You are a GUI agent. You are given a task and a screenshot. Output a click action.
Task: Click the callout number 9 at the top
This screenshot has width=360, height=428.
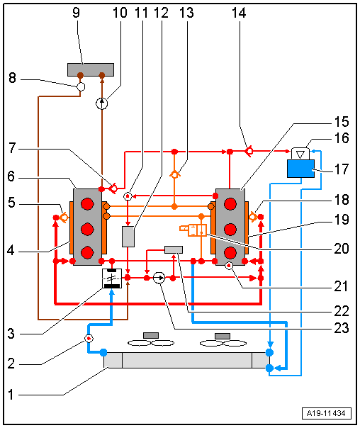pos(76,13)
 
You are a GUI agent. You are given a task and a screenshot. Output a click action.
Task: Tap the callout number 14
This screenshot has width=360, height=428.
pos(239,13)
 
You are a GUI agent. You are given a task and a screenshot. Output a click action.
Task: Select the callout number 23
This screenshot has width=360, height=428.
pos(342,328)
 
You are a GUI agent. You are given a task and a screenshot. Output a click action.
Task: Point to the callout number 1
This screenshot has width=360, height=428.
pos(11,395)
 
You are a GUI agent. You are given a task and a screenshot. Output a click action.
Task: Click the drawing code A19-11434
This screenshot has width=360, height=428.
pos(326,413)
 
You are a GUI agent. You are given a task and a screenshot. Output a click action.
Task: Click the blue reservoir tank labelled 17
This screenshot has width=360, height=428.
pos(300,169)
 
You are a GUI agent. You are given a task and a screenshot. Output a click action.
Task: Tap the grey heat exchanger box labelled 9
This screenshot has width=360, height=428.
pos(91,69)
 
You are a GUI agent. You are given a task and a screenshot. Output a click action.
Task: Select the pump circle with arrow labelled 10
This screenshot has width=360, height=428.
pos(102,103)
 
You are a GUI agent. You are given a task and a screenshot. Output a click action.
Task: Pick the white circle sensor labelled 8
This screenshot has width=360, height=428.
pos(81,86)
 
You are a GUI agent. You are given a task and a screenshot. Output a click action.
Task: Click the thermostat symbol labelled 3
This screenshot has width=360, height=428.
pos(112,278)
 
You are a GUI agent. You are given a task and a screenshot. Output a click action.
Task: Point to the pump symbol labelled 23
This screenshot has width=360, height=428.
pos(159,278)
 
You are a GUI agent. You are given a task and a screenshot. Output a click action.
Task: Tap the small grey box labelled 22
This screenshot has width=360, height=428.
pos(174,249)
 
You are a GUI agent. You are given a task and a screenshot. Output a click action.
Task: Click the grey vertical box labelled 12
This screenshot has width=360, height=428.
pos(128,237)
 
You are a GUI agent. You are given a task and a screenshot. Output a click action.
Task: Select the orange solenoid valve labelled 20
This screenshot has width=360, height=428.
pos(193,230)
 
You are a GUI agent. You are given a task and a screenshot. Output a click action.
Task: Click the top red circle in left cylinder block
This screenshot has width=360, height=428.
pos(87,204)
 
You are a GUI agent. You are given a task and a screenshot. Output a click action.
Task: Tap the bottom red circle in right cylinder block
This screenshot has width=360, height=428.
pos(230,253)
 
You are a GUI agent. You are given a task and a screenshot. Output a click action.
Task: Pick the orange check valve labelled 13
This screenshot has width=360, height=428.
pos(174,174)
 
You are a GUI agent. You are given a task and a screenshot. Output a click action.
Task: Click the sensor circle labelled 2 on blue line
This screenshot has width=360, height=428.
pos(89,339)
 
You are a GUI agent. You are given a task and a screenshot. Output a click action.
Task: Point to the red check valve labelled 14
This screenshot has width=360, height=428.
pos(248,151)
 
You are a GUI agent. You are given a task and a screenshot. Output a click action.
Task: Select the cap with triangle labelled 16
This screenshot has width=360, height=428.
pos(300,154)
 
